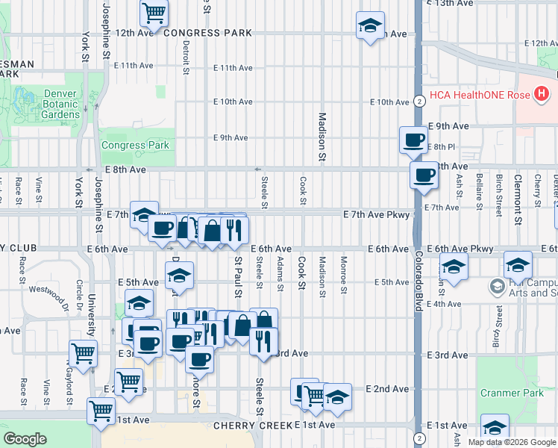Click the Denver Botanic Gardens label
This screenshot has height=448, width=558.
pos(61,104)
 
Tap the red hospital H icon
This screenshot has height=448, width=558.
pos(542,95)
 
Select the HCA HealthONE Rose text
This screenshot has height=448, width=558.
pos(482,95)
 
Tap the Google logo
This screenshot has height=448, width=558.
pos(25,439)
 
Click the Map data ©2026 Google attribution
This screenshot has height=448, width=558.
pos(512,442)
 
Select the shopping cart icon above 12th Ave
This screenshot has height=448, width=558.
pos(154,11)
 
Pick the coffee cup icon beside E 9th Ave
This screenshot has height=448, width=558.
pos(413,139)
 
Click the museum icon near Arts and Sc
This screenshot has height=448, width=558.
pos(497,286)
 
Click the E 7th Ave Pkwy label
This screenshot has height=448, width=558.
pos(377,215)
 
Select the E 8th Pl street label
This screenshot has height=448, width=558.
pos(443,146)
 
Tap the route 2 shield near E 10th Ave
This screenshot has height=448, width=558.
pos(420,102)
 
